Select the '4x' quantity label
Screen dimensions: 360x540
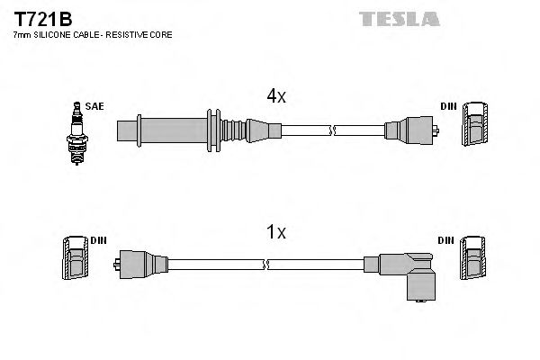point(274,94)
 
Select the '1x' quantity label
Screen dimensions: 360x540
point(274,233)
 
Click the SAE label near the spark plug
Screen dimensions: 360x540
point(95,106)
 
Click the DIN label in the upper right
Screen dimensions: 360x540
point(447,106)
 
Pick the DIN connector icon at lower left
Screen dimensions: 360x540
point(76,260)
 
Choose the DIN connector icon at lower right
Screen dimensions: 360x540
point(473,261)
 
